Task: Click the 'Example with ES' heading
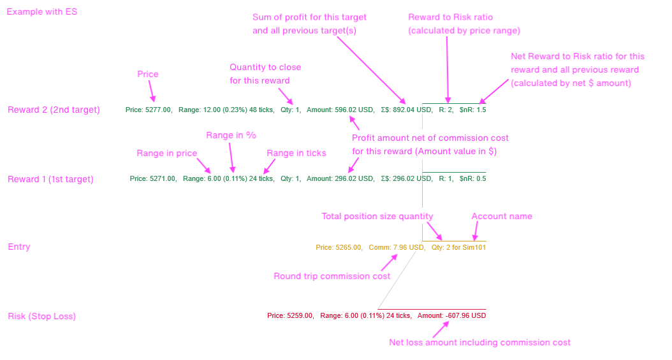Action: coord(42,11)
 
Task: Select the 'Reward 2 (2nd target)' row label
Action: coord(54,110)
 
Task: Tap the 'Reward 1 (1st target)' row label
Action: coord(50,179)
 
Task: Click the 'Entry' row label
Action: coord(19,247)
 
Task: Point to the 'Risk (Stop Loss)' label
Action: coord(42,316)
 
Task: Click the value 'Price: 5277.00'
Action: coord(149,110)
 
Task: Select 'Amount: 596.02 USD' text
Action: coord(340,110)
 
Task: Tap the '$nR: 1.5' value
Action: coord(472,110)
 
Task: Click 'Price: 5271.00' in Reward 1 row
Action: coord(152,179)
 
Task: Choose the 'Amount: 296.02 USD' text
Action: coord(340,179)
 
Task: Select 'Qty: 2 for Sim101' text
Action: coord(458,247)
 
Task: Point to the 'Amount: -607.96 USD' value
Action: coord(451,315)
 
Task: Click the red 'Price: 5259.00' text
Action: coord(290,315)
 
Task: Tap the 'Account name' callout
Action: coord(502,216)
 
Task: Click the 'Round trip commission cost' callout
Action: coord(332,276)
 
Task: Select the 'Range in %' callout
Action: coord(231,135)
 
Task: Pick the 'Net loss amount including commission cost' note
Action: coord(479,342)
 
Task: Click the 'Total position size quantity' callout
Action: coord(377,216)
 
